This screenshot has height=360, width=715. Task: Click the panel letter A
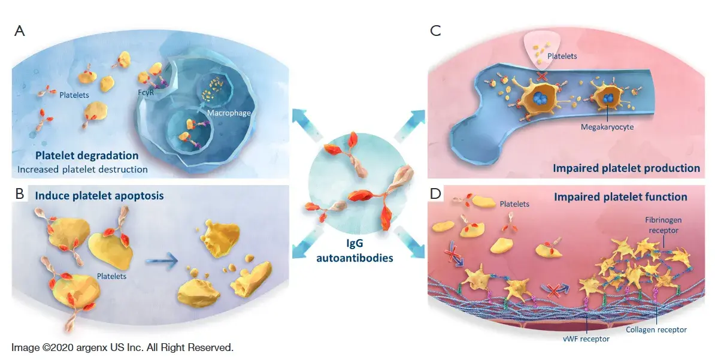click(x=19, y=31)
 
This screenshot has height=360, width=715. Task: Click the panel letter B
click(x=19, y=195)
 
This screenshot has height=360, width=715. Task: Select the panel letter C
click(x=435, y=31)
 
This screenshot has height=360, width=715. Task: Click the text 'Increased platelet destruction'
click(x=83, y=169)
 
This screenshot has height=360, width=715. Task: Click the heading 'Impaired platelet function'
click(x=620, y=196)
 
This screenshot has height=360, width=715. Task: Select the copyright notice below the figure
click(x=122, y=347)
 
